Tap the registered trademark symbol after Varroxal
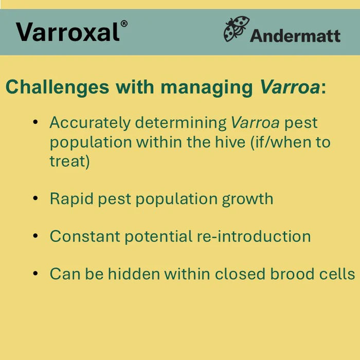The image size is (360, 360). click(124, 24)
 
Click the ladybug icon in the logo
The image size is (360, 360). click(236, 29)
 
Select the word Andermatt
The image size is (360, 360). click(295, 35)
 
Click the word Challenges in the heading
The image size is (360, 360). click(57, 87)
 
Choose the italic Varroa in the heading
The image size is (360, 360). click(290, 87)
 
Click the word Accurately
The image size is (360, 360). click(90, 123)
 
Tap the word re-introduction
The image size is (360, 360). click(254, 237)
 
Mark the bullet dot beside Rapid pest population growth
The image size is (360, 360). click(35, 198)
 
